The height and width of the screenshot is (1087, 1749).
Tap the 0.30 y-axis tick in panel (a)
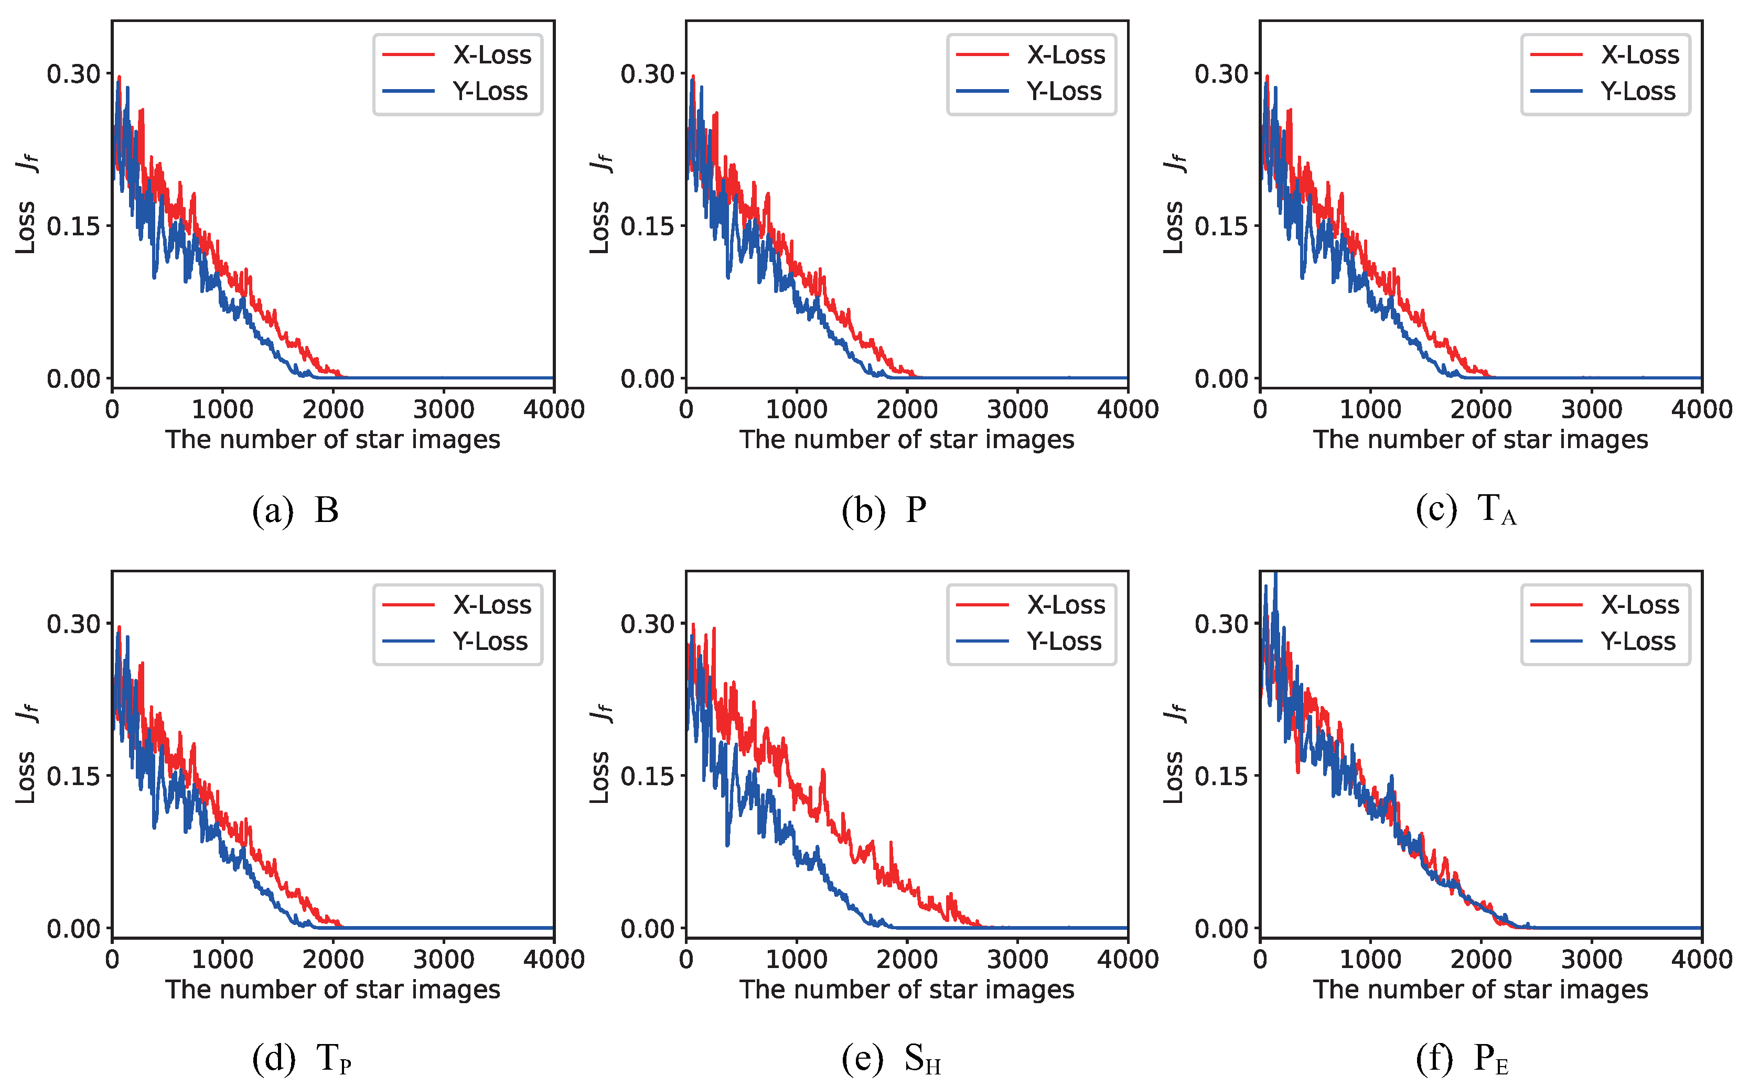pyautogui.click(x=73, y=73)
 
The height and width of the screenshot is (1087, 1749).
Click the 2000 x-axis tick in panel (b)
pyautogui.click(x=907, y=409)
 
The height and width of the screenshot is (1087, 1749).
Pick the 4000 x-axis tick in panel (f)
pyautogui.click(x=1701, y=959)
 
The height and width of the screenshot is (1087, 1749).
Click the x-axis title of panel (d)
pyautogui.click(x=332, y=989)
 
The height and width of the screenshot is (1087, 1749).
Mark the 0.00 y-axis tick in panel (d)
pyautogui.click(x=73, y=928)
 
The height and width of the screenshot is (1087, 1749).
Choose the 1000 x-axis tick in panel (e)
pyautogui.click(x=796, y=959)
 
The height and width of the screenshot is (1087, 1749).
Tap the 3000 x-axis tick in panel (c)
pyautogui.click(x=1592, y=409)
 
